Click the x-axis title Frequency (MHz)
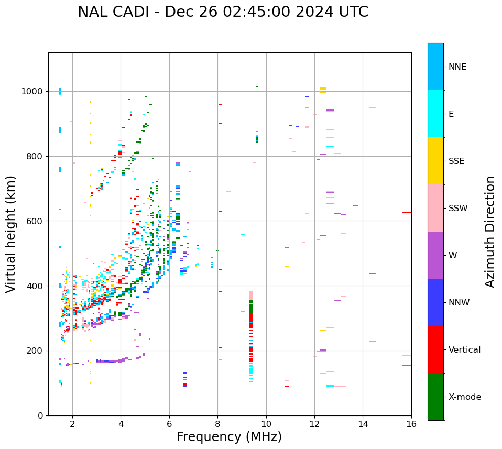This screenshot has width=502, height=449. pyautogui.click(x=229, y=437)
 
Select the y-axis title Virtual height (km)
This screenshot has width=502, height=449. pyautogui.click(x=11, y=234)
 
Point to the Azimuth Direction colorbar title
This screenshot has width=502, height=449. pyautogui.click(x=490, y=232)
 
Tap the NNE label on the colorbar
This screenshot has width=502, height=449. pyautogui.click(x=457, y=67)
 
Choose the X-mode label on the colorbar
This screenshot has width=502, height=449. pyautogui.click(x=465, y=397)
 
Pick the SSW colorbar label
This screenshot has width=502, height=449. pyautogui.click(x=458, y=209)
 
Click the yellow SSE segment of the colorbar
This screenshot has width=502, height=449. pyautogui.click(x=435, y=161)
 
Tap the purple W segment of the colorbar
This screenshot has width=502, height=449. pyautogui.click(x=435, y=255)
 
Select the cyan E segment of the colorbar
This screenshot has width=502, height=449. pyautogui.click(x=435, y=114)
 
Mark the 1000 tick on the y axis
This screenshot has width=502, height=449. pyautogui.click(x=35, y=91)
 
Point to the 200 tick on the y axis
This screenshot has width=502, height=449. pyautogui.click(x=37, y=351)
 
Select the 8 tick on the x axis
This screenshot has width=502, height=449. pyautogui.click(x=218, y=423)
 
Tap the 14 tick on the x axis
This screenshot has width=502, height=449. pyautogui.click(x=363, y=423)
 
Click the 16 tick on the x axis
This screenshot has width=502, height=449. pyautogui.click(x=411, y=423)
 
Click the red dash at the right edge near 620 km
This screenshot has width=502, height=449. pyautogui.click(x=407, y=212)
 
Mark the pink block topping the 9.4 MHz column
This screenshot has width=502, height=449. pyautogui.click(x=250, y=295)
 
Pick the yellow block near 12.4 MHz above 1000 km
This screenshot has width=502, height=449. pyautogui.click(x=323, y=89)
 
